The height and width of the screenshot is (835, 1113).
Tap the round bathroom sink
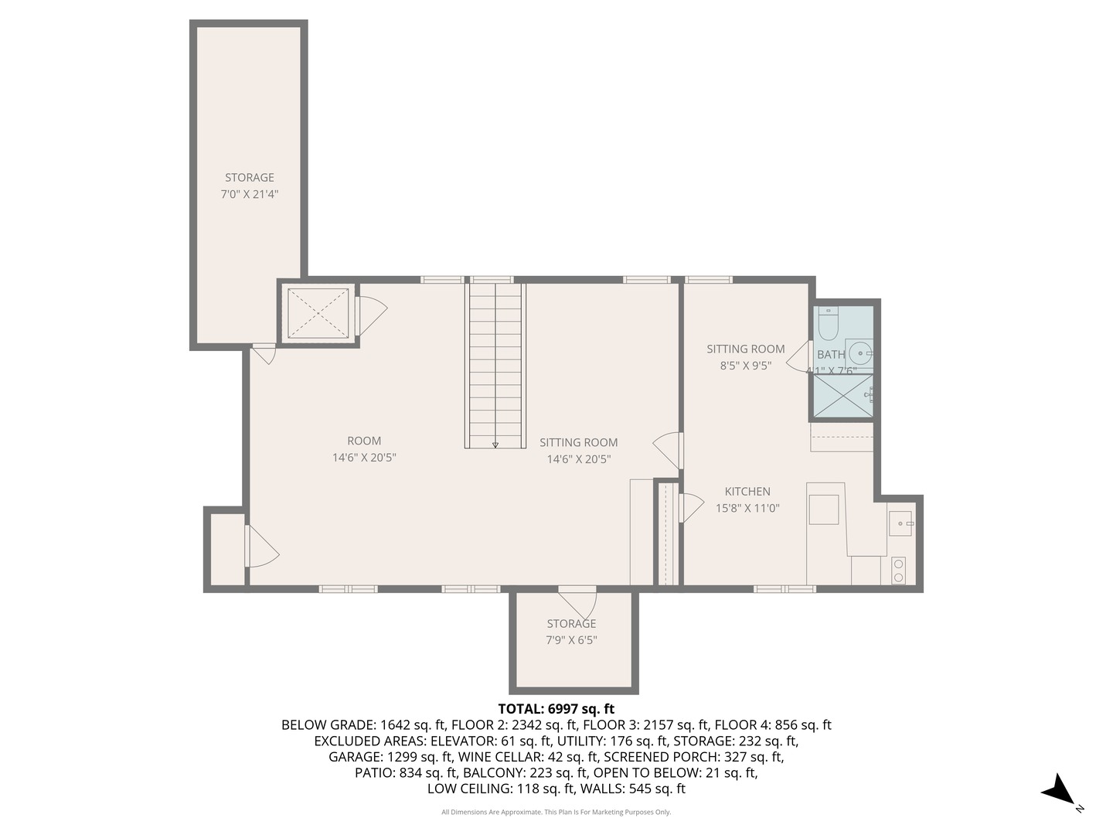tap(860, 353)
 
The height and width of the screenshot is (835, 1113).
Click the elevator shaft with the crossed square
tap(318, 313)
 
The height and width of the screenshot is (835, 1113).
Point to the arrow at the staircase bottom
tap(495, 445)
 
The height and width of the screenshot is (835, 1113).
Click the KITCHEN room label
tap(747, 491)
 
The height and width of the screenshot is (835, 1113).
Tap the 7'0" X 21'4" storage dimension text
tap(250, 194)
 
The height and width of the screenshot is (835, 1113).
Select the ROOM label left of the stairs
tap(364, 441)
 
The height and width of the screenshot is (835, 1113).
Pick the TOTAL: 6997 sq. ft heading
tap(556, 709)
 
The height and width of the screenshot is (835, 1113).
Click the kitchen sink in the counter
tap(900, 523)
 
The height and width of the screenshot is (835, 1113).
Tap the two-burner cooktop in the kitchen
tap(898, 571)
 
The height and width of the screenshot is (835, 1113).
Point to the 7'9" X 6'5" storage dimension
tap(571, 640)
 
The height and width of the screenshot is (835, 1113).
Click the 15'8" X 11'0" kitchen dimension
tap(747, 508)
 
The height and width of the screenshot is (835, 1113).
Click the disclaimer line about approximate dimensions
tap(556, 812)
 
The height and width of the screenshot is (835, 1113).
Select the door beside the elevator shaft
tap(371, 315)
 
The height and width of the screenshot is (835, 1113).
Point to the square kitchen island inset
tap(823, 510)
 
